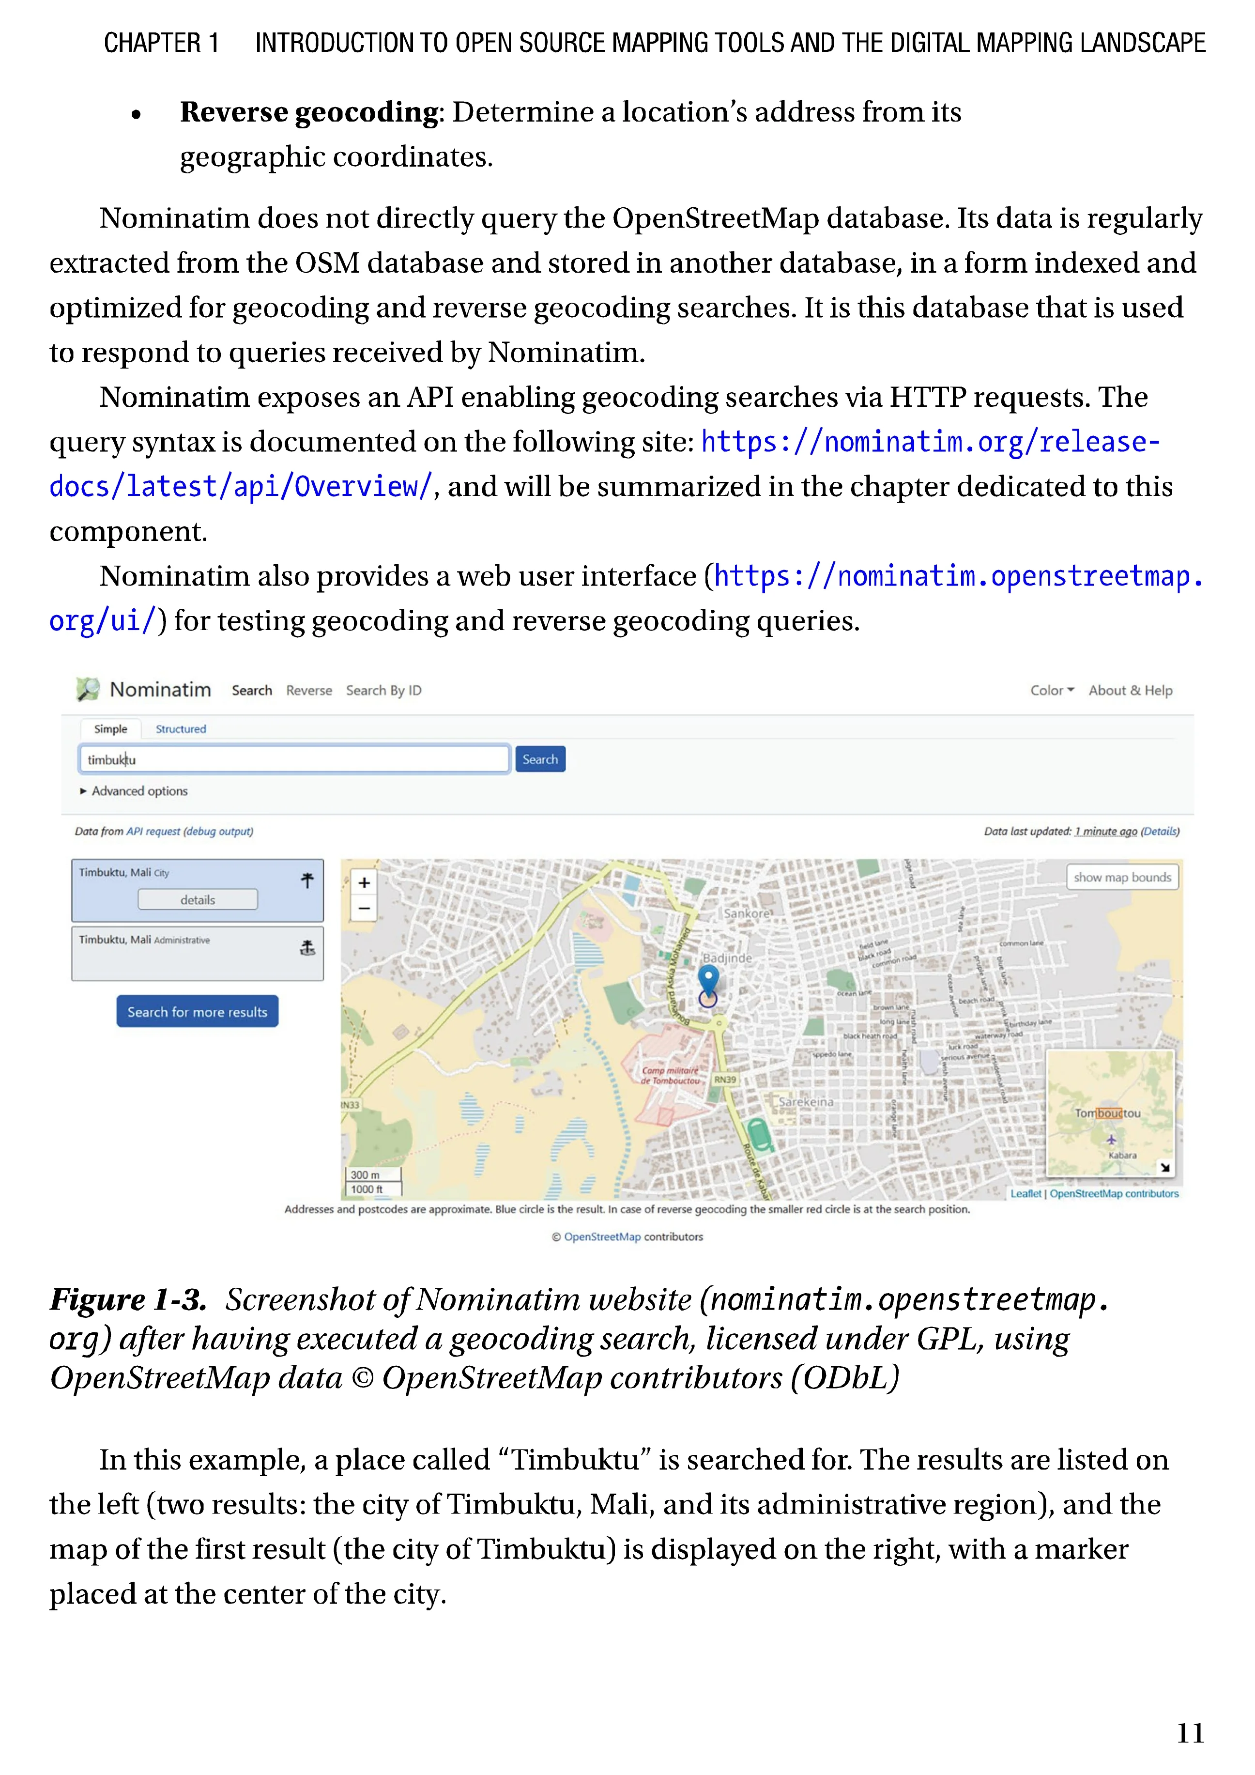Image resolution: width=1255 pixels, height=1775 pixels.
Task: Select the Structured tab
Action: tap(181, 729)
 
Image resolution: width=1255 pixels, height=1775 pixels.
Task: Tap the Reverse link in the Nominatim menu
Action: tap(308, 690)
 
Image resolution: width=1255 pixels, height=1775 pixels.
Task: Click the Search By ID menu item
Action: tap(383, 690)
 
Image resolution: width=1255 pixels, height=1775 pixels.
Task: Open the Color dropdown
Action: tap(1051, 690)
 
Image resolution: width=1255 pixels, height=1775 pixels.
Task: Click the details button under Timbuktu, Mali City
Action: tap(198, 900)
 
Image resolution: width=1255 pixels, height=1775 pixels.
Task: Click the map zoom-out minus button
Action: tap(364, 909)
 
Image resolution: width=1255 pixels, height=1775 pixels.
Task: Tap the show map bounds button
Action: tap(1122, 878)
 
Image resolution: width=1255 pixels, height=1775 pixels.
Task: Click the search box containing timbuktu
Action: tap(294, 759)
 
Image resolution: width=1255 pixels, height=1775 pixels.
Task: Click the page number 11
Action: tap(1189, 1733)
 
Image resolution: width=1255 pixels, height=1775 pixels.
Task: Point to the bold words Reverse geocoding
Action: tap(309, 113)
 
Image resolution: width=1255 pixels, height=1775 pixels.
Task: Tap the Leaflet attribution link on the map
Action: tap(1025, 1194)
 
